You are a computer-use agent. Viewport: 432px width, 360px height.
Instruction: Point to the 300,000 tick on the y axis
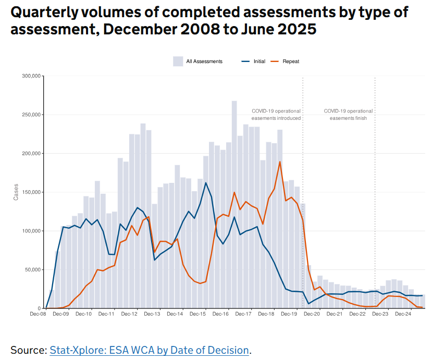[x=31, y=76]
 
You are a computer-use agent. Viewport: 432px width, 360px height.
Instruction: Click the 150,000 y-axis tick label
[x=31, y=192]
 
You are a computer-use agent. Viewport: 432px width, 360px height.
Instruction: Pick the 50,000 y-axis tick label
[x=33, y=270]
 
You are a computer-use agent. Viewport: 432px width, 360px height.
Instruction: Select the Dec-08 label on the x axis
[x=39, y=314]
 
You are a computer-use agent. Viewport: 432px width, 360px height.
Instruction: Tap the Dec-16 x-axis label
[x=221, y=314]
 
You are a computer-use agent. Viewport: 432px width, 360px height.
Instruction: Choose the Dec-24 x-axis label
[x=403, y=314]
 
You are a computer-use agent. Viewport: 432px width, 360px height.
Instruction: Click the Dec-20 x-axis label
[x=312, y=314]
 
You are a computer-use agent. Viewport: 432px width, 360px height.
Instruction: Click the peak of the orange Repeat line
[x=280, y=162]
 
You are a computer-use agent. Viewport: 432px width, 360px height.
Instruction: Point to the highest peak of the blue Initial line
[x=206, y=183]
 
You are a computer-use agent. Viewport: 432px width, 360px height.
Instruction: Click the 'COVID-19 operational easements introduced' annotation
[x=276, y=115]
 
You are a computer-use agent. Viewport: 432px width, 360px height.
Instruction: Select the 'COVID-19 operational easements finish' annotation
[x=348, y=115]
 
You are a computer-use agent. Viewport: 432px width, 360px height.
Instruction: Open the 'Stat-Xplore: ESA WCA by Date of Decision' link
[x=150, y=350]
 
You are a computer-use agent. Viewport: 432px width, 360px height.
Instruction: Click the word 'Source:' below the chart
[x=29, y=350]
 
